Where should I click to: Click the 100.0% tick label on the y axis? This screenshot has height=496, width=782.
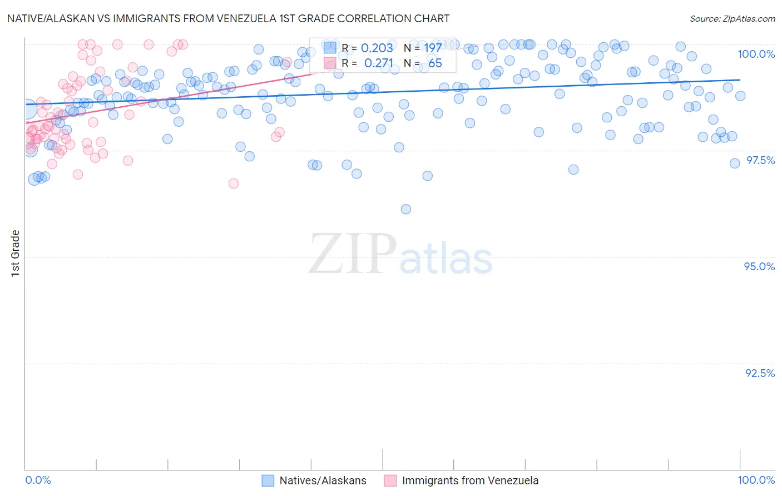pos(756,54)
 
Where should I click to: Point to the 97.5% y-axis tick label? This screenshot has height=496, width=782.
pos(760,160)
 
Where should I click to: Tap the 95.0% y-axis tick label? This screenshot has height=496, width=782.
pos(759,266)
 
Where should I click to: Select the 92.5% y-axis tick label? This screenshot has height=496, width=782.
pos(760,373)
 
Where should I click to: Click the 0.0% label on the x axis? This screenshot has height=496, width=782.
pos(38,480)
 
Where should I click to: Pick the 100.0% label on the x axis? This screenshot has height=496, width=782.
pos(756,480)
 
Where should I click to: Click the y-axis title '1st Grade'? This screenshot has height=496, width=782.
pos(16,252)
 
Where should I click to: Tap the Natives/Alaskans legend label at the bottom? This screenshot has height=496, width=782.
pos(323,480)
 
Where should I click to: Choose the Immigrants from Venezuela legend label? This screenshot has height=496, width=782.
pos(470,480)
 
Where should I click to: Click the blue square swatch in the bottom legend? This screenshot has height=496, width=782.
pos(268,480)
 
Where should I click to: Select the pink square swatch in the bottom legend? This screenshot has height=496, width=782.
pos(390,480)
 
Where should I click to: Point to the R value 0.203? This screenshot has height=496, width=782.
pos(377,48)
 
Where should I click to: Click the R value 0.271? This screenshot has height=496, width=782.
pos(378,63)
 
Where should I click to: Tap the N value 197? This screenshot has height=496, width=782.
pos(433,48)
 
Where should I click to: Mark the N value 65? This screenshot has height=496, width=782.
pos(435,63)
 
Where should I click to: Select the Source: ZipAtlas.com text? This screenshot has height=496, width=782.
pos(732,18)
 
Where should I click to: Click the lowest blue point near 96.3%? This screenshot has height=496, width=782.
pos(406,209)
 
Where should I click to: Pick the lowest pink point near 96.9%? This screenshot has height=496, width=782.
pos(234,183)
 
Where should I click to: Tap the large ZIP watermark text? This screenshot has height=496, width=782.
pos(352,254)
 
